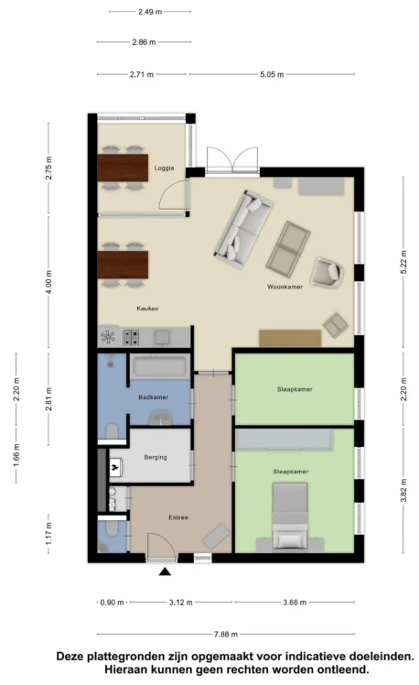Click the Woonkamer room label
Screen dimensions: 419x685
pyautogui.click(x=285, y=287)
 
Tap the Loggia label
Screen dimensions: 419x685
pyautogui.click(x=164, y=168)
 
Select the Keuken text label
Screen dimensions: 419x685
pyautogui.click(x=147, y=309)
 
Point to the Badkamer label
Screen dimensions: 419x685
pyautogui.click(x=153, y=397)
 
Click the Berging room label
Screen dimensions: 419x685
pyautogui.click(x=156, y=457)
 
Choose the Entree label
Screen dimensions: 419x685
pyautogui.click(x=178, y=517)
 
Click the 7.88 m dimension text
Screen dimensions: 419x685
pyautogui.click(x=226, y=634)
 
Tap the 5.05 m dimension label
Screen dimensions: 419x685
pyautogui.click(x=272, y=74)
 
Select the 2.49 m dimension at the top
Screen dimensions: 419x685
pyautogui.click(x=150, y=12)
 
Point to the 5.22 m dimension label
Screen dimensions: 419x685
pyautogui.click(x=403, y=262)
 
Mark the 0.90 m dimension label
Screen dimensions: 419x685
pyautogui.click(x=113, y=603)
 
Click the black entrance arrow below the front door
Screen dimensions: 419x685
pyautogui.click(x=165, y=571)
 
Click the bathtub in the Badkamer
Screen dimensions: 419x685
pyautogui.click(x=160, y=366)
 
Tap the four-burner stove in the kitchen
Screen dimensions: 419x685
pyautogui.click(x=131, y=337)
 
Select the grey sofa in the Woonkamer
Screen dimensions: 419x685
pyautogui.click(x=243, y=229)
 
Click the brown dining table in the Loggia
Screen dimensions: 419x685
pyautogui.click(x=123, y=168)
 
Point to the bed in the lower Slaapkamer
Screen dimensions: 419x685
pyautogui.click(x=290, y=516)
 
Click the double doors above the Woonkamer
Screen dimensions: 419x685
pyautogui.click(x=232, y=160)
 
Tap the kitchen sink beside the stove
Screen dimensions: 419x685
pyautogui.click(x=162, y=337)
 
